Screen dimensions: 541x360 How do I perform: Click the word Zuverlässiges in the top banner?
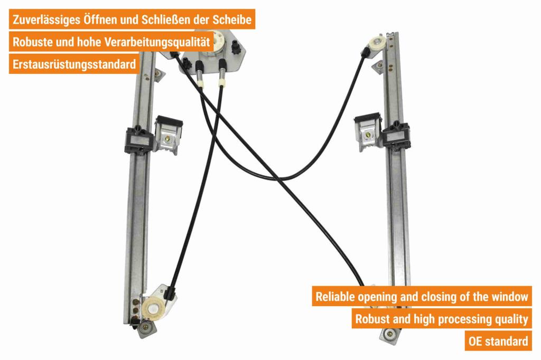(x=46, y=20)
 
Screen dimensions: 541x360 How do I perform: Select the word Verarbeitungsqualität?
(x=157, y=42)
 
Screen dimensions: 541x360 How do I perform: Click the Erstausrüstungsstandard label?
(x=74, y=64)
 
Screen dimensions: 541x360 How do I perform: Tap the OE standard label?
(x=498, y=341)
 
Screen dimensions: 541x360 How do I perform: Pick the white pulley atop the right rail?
(x=375, y=43)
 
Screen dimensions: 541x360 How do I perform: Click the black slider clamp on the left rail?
(x=139, y=140)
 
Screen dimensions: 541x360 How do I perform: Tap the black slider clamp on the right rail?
(x=396, y=136)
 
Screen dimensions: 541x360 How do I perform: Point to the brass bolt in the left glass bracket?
(x=167, y=139)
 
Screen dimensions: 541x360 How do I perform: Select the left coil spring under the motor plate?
(x=199, y=74)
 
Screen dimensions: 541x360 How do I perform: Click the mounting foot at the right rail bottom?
(x=389, y=334)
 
